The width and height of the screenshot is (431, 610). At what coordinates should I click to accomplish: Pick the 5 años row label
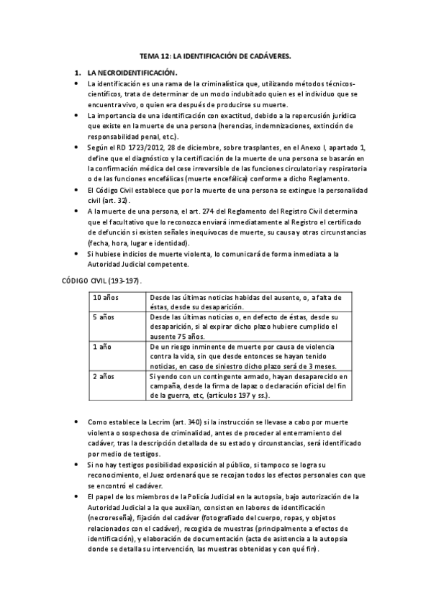tap(104, 317)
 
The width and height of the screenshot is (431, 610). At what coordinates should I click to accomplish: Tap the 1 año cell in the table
tap(102, 347)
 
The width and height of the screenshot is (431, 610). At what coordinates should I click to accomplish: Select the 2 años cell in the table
tap(104, 376)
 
